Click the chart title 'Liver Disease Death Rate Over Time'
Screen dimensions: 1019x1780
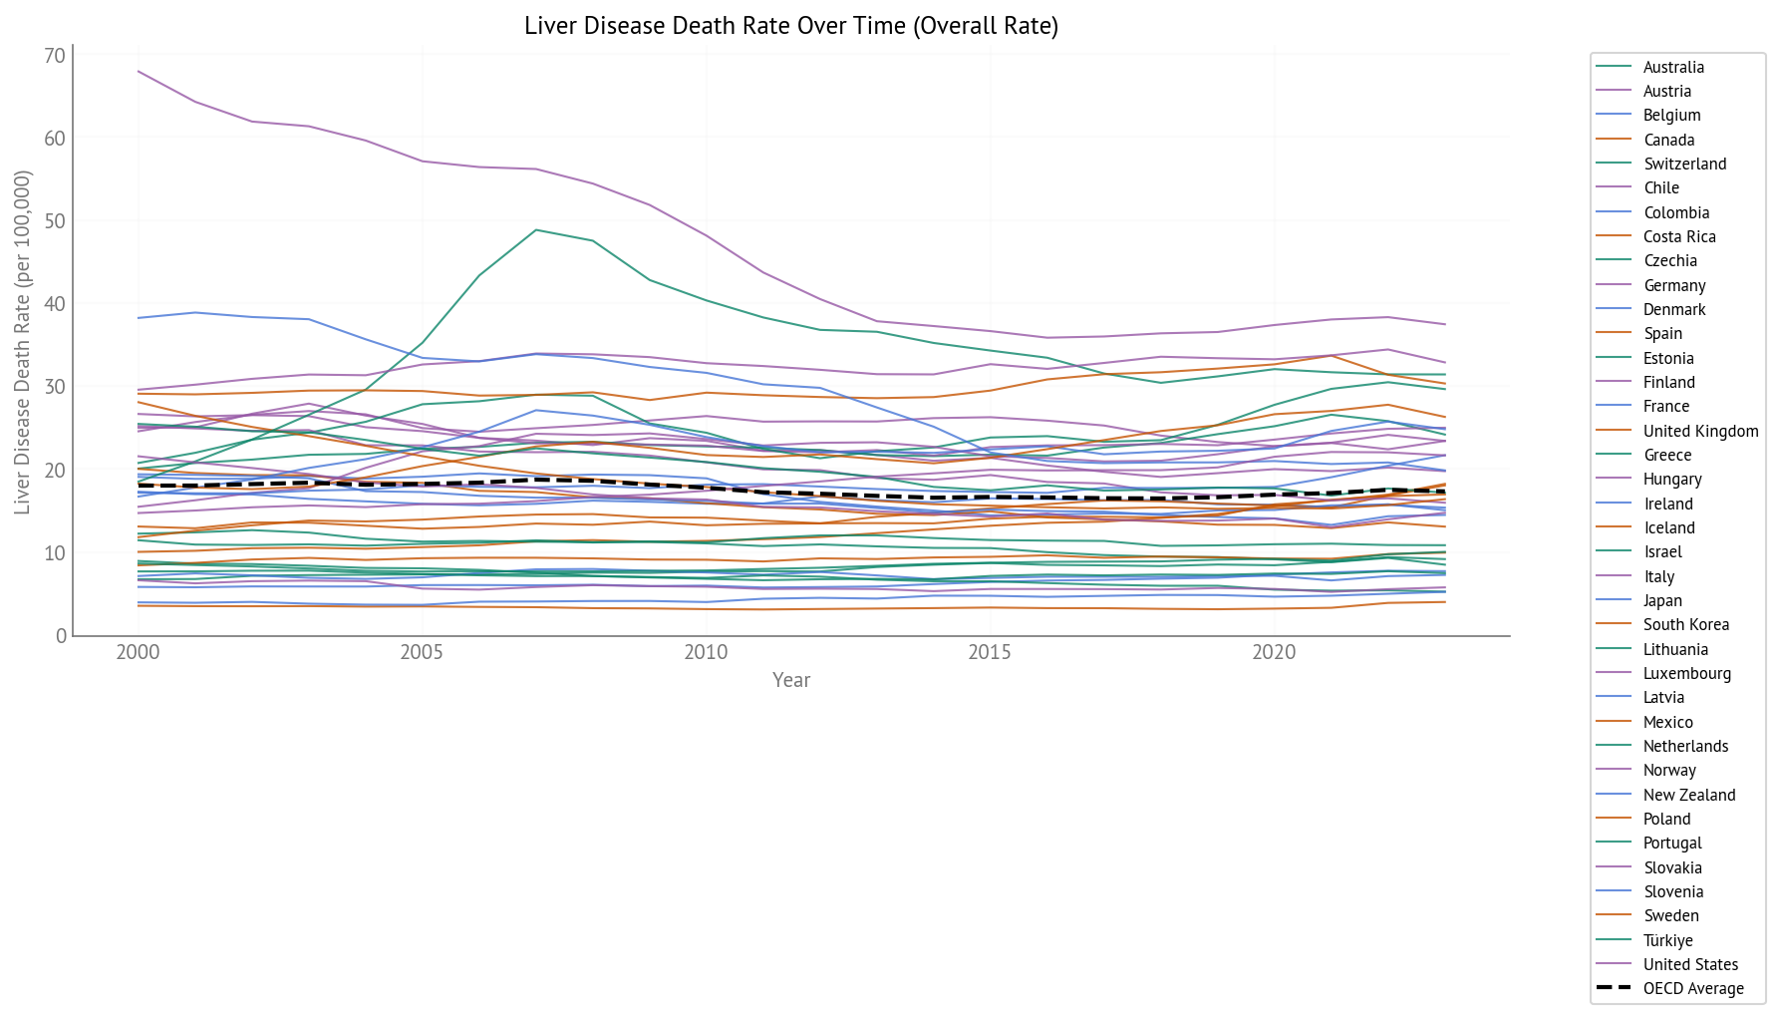(x=791, y=26)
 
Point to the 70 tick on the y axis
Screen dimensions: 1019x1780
(x=54, y=56)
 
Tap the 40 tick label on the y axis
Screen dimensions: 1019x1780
(x=54, y=304)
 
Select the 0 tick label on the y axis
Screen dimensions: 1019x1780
(x=61, y=636)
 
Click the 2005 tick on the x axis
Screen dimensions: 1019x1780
(x=423, y=653)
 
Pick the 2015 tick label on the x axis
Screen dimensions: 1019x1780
(x=990, y=653)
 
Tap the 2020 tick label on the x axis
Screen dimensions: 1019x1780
(x=1274, y=653)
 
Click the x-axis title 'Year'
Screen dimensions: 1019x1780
(x=791, y=680)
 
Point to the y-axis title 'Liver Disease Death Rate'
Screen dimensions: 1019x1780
(x=23, y=343)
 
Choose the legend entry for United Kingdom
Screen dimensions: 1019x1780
(x=1700, y=431)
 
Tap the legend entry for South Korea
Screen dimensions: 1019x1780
(x=1685, y=624)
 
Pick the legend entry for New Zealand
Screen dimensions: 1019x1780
(x=1688, y=795)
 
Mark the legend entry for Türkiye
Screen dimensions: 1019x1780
(x=1667, y=940)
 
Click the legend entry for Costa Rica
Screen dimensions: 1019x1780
(x=1678, y=236)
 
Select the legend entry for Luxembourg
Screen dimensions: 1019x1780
(x=1686, y=673)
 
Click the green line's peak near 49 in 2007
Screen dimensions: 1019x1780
(x=536, y=230)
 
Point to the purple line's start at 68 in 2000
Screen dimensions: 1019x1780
(x=139, y=71)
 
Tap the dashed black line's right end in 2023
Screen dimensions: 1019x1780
(x=1445, y=492)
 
